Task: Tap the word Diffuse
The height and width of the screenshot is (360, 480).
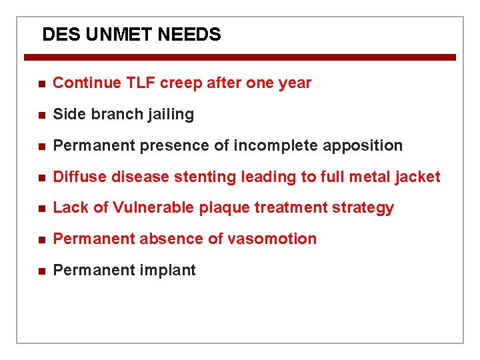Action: point(79,177)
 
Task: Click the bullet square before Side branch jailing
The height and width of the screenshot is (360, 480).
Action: point(41,115)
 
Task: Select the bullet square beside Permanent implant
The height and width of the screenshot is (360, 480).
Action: point(41,271)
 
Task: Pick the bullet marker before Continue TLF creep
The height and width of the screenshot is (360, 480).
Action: point(41,84)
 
